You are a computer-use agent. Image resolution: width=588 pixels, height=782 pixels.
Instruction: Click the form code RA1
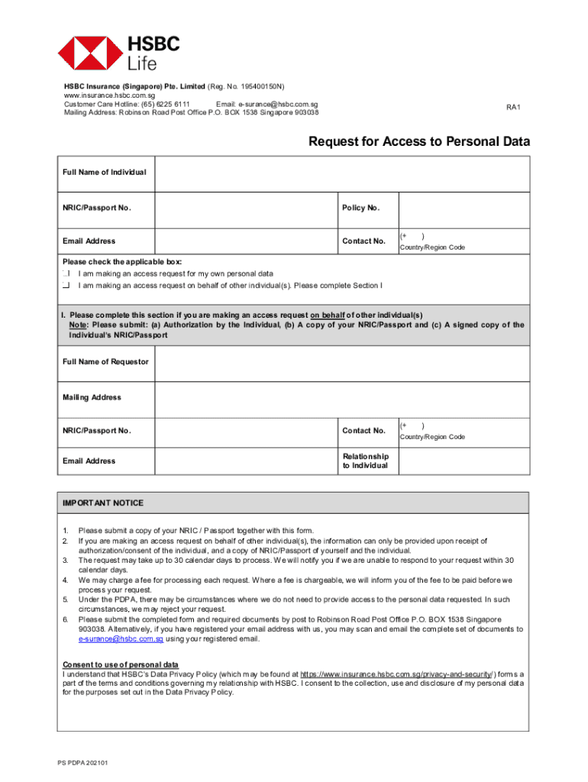(x=513, y=108)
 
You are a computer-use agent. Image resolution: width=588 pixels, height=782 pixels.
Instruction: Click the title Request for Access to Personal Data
(x=418, y=142)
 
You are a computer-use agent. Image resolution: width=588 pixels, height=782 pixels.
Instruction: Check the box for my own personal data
(x=66, y=273)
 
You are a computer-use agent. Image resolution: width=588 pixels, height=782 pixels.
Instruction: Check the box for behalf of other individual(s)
(x=66, y=286)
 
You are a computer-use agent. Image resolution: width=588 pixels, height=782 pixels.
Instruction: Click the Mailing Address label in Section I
(x=92, y=398)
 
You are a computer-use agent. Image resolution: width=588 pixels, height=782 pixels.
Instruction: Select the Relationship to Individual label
(x=365, y=461)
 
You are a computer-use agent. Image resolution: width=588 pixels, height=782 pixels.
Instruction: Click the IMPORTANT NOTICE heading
(x=103, y=503)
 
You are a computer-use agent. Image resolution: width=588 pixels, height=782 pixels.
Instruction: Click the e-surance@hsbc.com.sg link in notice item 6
(x=121, y=639)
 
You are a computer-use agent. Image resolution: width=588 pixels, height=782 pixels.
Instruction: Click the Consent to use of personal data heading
(x=121, y=665)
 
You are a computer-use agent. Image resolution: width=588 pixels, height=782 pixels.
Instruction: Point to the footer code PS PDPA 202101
(x=82, y=763)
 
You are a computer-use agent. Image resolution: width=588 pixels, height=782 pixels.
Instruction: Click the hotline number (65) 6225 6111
(x=163, y=104)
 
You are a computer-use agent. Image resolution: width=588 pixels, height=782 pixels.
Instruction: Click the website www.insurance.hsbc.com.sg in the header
(x=109, y=95)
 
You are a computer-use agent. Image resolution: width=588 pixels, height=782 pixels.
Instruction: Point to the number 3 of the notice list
(x=66, y=561)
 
